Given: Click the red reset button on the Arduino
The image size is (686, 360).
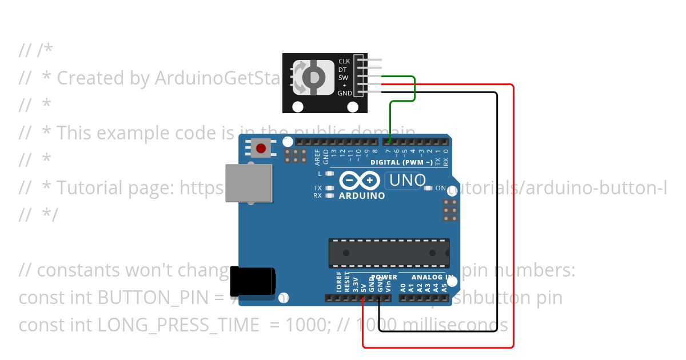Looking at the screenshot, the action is (x=261, y=149).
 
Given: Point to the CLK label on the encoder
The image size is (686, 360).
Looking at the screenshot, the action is (x=344, y=61).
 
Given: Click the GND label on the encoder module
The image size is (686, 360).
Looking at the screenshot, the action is (x=345, y=93).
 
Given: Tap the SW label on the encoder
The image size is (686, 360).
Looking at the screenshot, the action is (x=344, y=77).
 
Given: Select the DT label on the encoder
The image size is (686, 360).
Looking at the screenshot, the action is (x=343, y=69).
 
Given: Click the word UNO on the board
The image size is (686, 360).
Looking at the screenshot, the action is (x=408, y=181).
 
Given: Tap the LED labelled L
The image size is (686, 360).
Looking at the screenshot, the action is (x=329, y=173).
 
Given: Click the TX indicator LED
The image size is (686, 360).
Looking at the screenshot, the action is (x=329, y=187).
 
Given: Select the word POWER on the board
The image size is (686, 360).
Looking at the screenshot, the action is (x=384, y=278).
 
